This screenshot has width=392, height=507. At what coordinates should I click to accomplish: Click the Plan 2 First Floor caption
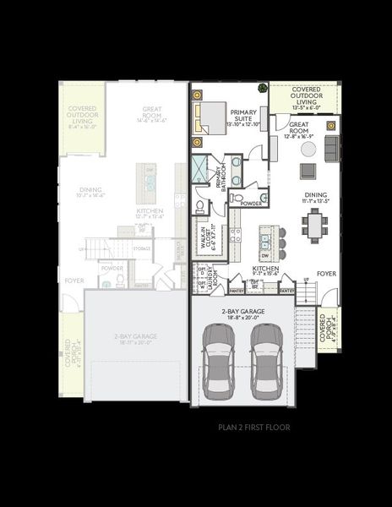coord(253,428)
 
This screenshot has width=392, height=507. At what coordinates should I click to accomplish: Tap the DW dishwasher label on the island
coord(264,254)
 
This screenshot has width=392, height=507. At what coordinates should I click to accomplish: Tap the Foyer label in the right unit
coord(326,274)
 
